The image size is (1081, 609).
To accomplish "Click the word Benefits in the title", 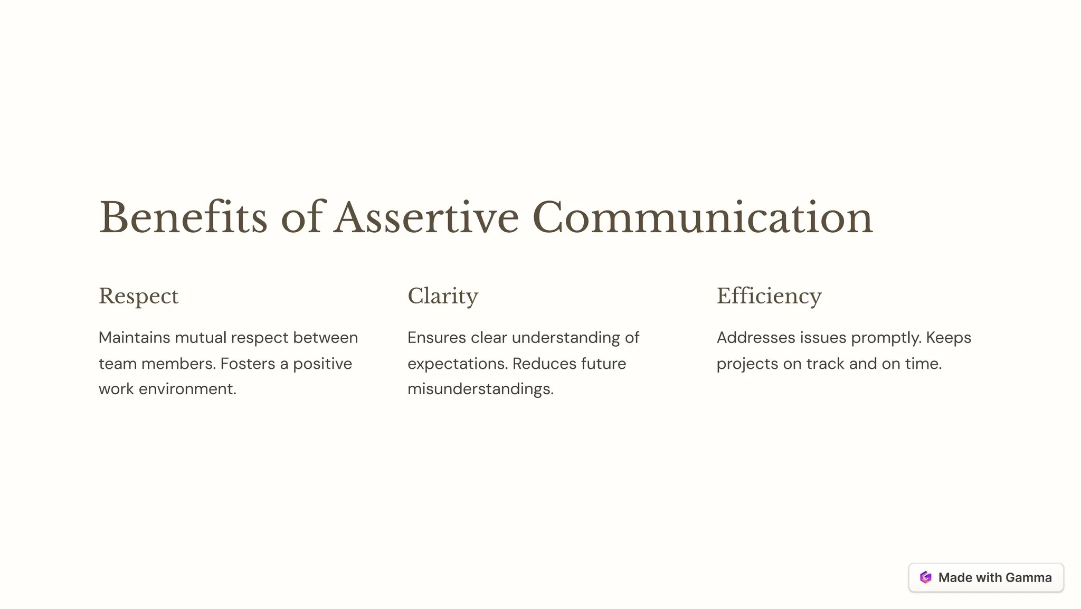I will (183, 217).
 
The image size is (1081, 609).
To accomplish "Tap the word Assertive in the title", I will (426, 217).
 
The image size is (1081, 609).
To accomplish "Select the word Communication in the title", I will (703, 217).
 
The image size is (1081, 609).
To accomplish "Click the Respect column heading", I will (139, 296).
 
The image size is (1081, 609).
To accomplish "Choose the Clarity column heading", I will (443, 296).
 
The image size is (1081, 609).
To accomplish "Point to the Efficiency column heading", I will (769, 296).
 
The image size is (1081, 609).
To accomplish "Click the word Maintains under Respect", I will (134, 338).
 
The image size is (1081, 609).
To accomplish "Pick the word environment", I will (187, 389).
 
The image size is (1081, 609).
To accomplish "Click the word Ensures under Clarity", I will (437, 338).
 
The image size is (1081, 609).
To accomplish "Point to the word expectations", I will (457, 364).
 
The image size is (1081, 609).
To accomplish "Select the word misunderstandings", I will (480, 389).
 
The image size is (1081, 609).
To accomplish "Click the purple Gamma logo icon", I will (926, 577).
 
